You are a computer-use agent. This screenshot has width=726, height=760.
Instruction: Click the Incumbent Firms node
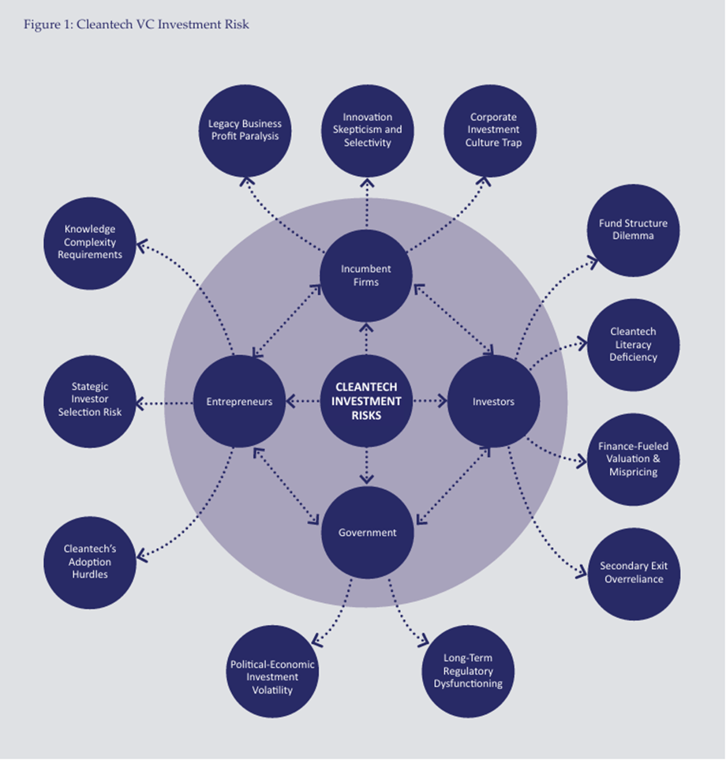point(366,275)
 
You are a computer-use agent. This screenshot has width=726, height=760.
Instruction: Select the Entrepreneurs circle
point(239,402)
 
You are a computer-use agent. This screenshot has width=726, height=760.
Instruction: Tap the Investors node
point(493,402)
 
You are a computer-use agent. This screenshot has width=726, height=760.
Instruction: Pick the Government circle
point(367,532)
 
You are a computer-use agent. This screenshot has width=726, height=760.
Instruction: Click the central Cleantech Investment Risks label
point(366,401)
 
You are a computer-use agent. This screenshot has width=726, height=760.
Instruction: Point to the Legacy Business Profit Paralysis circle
point(245,130)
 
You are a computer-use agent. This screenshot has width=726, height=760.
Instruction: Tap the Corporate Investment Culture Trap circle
point(493,130)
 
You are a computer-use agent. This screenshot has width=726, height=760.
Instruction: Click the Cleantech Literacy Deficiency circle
point(633,345)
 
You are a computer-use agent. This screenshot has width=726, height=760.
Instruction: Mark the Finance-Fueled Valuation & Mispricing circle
point(633,459)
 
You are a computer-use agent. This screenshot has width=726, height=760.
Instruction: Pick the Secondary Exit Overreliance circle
point(633,573)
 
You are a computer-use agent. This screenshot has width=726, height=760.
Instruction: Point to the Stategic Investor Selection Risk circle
point(89,400)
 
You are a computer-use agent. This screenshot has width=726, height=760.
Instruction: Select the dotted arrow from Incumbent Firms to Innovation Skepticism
point(367,208)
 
